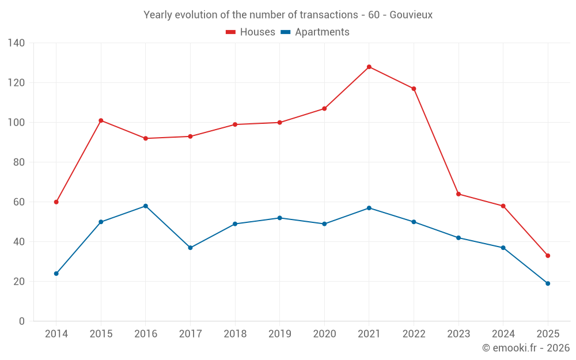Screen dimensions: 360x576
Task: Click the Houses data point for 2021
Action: pyautogui.click(x=369, y=67)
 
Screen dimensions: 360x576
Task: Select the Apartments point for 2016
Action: pyautogui.click(x=146, y=206)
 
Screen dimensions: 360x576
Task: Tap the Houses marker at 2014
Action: pyautogui.click(x=56, y=202)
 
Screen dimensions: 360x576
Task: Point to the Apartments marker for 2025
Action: pyautogui.click(x=548, y=283)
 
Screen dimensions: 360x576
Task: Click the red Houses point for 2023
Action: pyautogui.click(x=458, y=194)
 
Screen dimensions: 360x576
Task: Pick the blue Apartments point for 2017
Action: pyautogui.click(x=190, y=248)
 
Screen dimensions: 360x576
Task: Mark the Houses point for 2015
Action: pyautogui.click(x=101, y=120)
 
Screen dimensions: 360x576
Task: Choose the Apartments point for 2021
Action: pyautogui.click(x=369, y=208)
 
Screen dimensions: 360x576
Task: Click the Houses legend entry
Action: pyautogui.click(x=251, y=32)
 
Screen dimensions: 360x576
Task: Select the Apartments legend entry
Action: pyautogui.click(x=315, y=32)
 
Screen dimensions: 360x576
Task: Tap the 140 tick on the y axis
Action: pyautogui.click(x=17, y=43)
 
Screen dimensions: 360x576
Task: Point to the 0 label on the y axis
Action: pyautogui.click(x=22, y=321)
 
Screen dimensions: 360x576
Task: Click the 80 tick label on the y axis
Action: pyautogui.click(x=18, y=162)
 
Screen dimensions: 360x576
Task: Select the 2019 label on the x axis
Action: pyautogui.click(x=280, y=334)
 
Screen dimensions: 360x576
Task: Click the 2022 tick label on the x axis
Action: pyautogui.click(x=414, y=334)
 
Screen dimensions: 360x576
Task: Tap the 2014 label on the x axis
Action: pyautogui.click(x=56, y=334)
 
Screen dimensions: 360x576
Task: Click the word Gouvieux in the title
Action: pyautogui.click(x=411, y=15)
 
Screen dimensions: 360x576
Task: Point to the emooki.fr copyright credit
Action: pyautogui.click(x=525, y=348)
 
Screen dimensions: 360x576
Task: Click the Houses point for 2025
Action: pyautogui.click(x=548, y=256)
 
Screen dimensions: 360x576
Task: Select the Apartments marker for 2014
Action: pyautogui.click(x=56, y=274)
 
